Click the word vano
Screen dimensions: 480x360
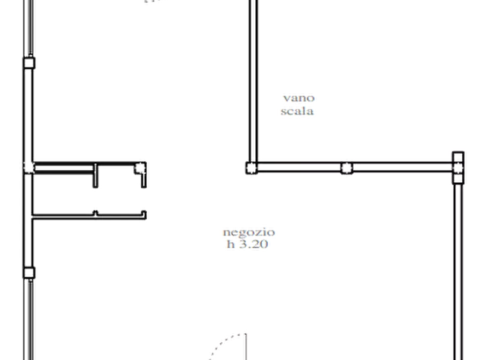point(299,98)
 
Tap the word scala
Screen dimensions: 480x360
point(297,111)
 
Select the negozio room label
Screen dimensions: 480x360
point(248,233)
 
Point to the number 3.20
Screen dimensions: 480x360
point(253,244)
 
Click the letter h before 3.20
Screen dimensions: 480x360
point(231,244)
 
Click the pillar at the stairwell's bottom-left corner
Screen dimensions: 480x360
point(252,168)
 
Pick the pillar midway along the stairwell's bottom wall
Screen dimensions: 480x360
point(347,168)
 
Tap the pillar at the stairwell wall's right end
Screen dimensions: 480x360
point(458,168)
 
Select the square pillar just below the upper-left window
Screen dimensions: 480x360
point(29,63)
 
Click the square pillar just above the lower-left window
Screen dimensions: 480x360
point(29,272)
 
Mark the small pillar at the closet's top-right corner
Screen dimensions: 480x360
point(140,168)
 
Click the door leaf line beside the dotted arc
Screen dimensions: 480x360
point(246,347)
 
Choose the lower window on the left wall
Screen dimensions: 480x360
point(30,319)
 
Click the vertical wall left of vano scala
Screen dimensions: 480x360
point(253,81)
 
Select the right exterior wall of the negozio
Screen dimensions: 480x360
point(458,272)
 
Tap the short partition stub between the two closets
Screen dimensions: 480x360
point(96,175)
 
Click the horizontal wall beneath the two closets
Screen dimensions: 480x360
point(89,216)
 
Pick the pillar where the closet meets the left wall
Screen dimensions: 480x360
point(29,168)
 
